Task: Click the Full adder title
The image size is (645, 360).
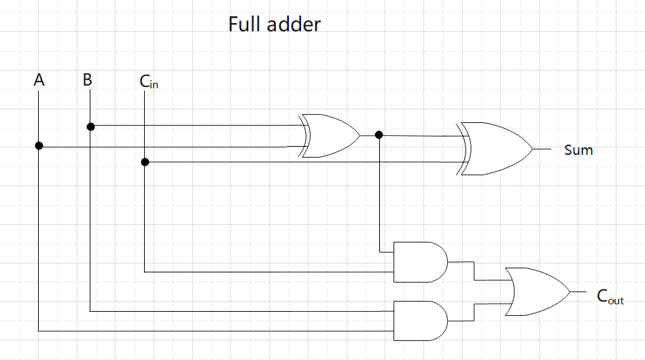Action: point(274,24)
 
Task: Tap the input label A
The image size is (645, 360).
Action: point(39,80)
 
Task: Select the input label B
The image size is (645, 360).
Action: point(88,80)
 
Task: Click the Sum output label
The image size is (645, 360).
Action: point(578,149)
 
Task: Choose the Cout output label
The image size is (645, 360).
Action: point(610,296)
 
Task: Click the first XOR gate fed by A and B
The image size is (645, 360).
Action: point(330,136)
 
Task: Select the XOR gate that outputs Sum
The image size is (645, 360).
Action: point(495,149)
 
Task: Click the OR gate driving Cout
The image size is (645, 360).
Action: point(537,291)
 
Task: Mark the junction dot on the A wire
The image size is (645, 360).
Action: point(39,146)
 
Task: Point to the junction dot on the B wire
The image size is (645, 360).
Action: point(90,126)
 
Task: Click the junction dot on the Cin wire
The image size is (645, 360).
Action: point(145,162)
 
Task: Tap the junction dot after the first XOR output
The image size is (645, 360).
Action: point(379,135)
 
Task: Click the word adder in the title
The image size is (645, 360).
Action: point(294,24)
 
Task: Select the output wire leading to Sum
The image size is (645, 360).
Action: point(543,149)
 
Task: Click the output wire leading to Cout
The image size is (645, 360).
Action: point(578,291)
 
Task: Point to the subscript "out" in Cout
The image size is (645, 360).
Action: point(616,300)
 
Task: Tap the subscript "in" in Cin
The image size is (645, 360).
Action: point(154,86)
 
